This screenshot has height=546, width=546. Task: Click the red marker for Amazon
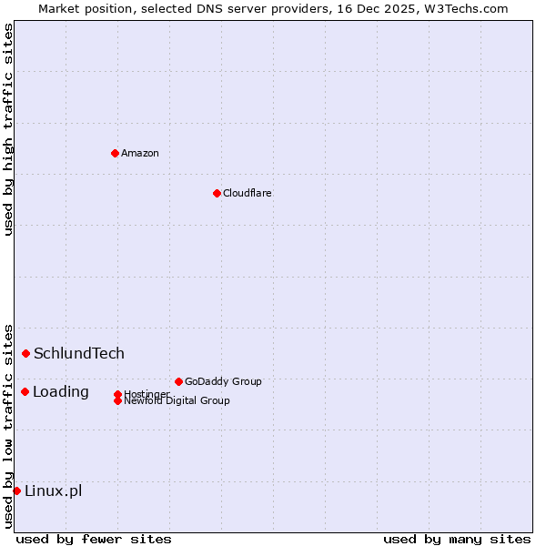coord(115,153)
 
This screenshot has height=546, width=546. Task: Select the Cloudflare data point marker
coord(217,193)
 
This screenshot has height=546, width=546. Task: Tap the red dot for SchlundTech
coord(25,353)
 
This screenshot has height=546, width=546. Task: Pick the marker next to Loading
coord(25,391)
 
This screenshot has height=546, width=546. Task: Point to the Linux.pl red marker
coord(16,490)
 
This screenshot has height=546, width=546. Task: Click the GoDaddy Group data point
coord(178,381)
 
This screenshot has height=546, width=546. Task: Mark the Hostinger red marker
coord(117,394)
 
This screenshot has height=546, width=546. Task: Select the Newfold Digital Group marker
coord(117,400)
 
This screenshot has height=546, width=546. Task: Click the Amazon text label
coord(140,153)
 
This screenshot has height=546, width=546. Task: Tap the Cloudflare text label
coord(248,193)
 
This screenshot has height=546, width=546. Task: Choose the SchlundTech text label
coord(79,353)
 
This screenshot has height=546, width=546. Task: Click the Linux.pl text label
coord(53,490)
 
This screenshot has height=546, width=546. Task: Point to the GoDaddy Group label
coord(223,381)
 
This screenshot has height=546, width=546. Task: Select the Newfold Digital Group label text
coord(177,401)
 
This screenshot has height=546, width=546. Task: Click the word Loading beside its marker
coord(61,391)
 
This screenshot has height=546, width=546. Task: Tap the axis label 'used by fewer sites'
coord(94,539)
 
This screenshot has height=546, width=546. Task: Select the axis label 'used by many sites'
coord(457,539)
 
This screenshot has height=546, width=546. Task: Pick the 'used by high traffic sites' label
coord(9,130)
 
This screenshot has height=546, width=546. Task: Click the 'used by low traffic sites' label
coord(9,426)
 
